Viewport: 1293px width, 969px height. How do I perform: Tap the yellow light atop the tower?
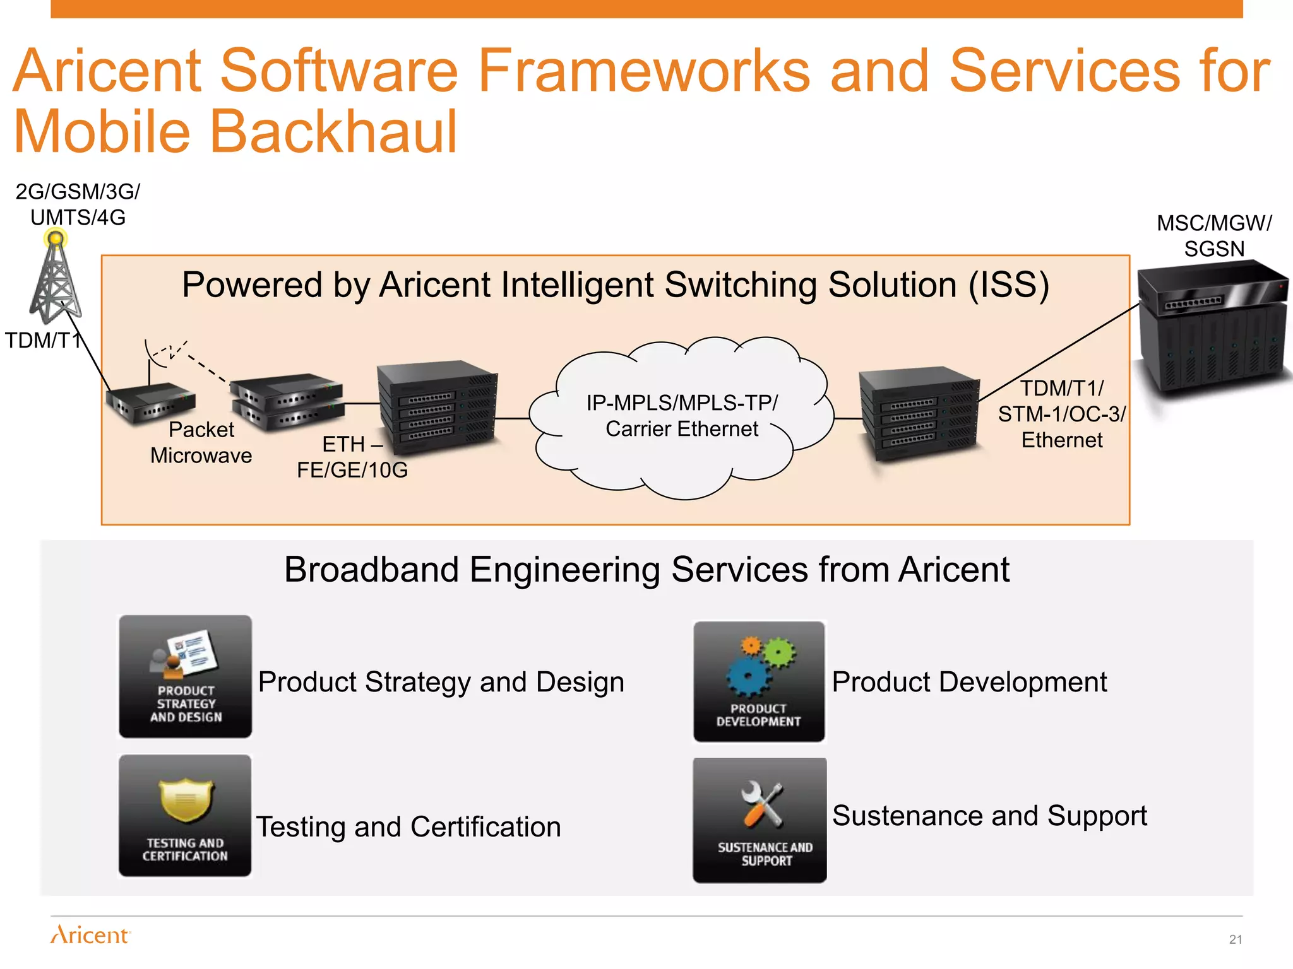[56, 238]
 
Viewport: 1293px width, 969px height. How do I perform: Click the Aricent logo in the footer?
[90, 934]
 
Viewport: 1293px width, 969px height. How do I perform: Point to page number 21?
[1235, 939]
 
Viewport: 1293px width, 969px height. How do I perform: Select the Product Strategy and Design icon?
[185, 676]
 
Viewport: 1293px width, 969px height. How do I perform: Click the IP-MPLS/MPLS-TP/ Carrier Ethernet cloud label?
[682, 416]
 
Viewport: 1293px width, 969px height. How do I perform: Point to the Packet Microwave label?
[201, 442]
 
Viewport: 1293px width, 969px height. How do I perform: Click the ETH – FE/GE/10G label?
[352, 457]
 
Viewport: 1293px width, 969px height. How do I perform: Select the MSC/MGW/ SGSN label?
[1213, 235]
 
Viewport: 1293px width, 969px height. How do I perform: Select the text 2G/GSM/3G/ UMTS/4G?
[78, 204]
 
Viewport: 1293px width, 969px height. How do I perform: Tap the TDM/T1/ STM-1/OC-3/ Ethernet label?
[1062, 414]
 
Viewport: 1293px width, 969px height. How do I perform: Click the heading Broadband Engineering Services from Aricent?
[646, 570]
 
